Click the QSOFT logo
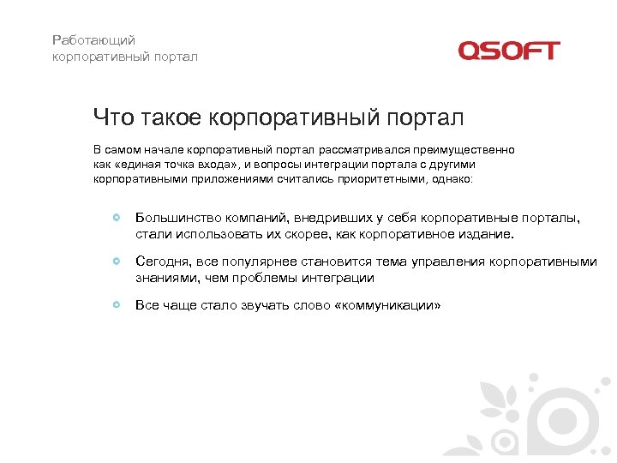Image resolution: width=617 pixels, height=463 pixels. [x=508, y=51]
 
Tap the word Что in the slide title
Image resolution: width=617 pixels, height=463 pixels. [x=112, y=117]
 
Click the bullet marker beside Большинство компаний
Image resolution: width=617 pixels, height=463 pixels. [x=117, y=218]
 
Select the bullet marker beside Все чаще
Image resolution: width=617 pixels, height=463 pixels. [x=117, y=304]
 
